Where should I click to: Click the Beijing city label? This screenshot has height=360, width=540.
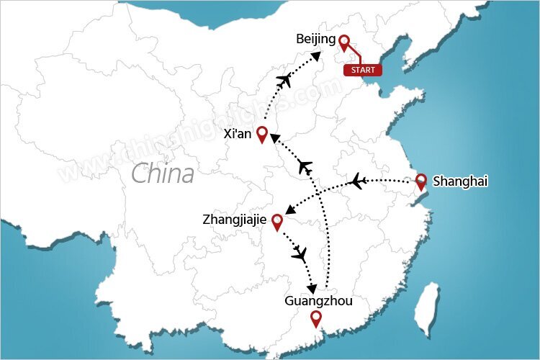click(315, 40)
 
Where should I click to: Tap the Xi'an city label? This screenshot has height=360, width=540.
click(238, 134)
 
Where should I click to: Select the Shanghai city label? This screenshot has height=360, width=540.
click(460, 181)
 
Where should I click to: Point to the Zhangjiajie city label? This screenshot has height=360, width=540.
click(233, 218)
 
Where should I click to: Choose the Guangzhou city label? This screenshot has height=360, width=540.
click(319, 301)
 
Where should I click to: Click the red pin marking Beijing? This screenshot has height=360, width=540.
click(344, 43)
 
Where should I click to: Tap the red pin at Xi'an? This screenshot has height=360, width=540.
click(262, 133)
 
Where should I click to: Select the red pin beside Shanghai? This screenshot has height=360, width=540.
click(421, 181)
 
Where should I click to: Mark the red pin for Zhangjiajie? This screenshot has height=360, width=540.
click(277, 221)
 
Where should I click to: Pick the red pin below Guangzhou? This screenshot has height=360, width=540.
click(315, 318)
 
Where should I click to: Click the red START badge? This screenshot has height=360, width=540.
click(362, 70)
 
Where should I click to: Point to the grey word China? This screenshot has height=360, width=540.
click(163, 174)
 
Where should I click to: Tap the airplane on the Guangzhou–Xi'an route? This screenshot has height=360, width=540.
click(305, 168)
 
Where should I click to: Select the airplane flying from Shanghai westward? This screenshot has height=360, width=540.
click(356, 181)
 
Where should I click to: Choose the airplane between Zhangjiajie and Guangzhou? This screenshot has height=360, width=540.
click(300, 253)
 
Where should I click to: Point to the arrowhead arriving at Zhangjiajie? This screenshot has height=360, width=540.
click(289, 210)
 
